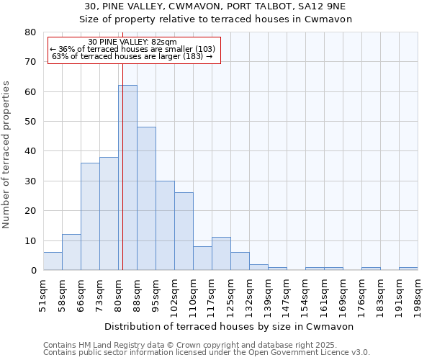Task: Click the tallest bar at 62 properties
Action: coord(127,178)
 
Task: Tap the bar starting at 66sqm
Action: coord(90,217)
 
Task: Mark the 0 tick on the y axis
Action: coord(33,271)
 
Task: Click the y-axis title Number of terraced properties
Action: coord(7,154)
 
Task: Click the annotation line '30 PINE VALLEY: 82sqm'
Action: coord(132,42)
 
